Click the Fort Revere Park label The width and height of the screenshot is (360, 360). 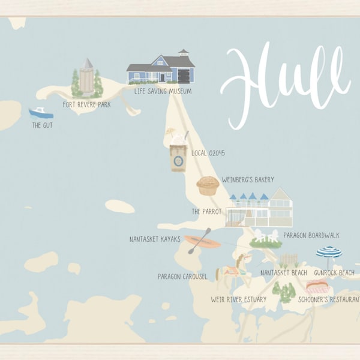tap(86, 104)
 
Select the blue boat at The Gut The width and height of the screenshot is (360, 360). tap(41, 113)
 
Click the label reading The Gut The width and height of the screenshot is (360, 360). tap(43, 126)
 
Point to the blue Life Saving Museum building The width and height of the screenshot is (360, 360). tap(160, 69)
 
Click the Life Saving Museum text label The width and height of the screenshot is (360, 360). tap(163, 91)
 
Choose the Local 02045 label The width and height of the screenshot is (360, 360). tap(208, 153)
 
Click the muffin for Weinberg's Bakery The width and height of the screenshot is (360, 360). tap(208, 185)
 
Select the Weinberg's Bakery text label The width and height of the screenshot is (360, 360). tap(247, 179)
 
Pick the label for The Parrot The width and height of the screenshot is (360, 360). tap(206, 212)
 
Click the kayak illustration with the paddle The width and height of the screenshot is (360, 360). tap(202, 242)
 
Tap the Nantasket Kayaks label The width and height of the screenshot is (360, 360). tap(154, 239)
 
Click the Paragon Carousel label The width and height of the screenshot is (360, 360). tap(182, 277)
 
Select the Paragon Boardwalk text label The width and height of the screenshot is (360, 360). tap(311, 236)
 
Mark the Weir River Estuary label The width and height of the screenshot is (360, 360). tap(238, 299)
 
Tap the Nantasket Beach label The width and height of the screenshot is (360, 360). tap(283, 273)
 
